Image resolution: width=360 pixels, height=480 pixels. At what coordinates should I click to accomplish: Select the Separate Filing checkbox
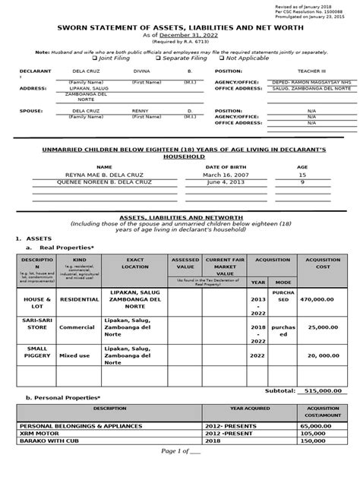[158, 58]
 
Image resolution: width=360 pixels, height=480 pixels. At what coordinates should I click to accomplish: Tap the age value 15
[302, 174]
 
